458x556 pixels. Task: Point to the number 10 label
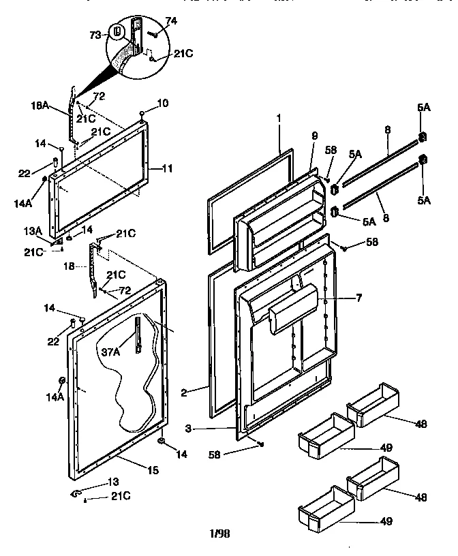[x=162, y=104]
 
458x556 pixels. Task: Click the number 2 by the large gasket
[x=186, y=392]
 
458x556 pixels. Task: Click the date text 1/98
[x=220, y=534]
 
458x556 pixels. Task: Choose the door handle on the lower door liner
[x=294, y=309]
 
